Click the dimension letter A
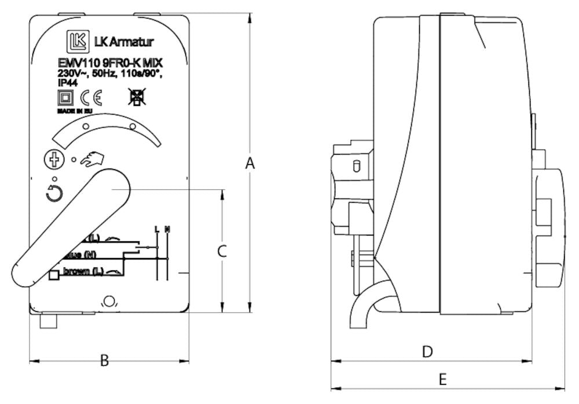pyautogui.click(x=250, y=164)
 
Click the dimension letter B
pyautogui.click(x=104, y=361)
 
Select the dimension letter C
pyautogui.click(x=221, y=251)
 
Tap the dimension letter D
pyautogui.click(x=427, y=351)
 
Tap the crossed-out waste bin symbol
pyautogui.click(x=137, y=97)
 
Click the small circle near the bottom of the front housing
pyautogui.click(x=108, y=300)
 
